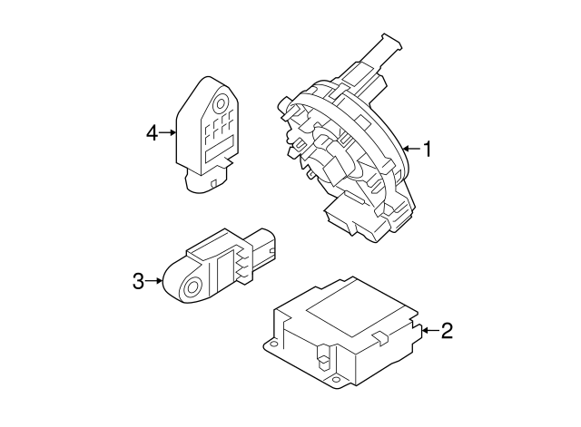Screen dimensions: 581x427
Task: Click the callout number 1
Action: pyautogui.click(x=428, y=149)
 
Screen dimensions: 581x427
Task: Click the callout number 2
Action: pyautogui.click(x=447, y=330)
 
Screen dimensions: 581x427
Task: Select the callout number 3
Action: pyautogui.click(x=138, y=281)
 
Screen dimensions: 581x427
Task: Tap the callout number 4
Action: pyautogui.click(x=152, y=133)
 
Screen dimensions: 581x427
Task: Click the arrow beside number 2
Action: pyautogui.click(x=430, y=330)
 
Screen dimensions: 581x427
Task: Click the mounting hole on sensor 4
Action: pyautogui.click(x=220, y=103)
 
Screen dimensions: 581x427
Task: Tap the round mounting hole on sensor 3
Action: pyautogui.click(x=192, y=287)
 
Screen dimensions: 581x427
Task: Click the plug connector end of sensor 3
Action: pyautogui.click(x=264, y=246)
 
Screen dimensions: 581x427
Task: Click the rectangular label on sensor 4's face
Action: pyautogui.click(x=220, y=149)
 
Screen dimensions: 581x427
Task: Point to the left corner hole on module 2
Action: pyautogui.click(x=274, y=345)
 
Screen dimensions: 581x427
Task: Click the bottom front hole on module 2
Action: pyautogui.click(x=336, y=379)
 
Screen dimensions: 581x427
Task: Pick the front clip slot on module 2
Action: pyautogui.click(x=323, y=357)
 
